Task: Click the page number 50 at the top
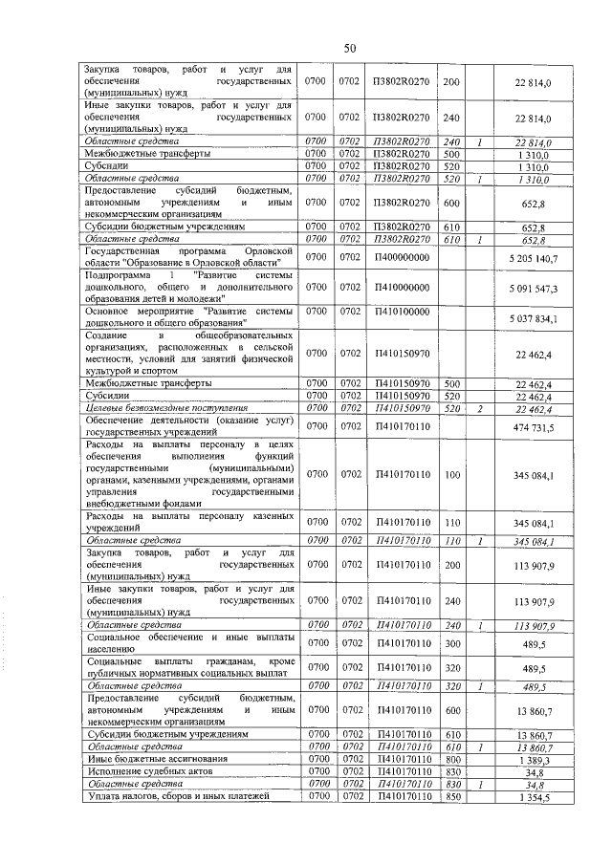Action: coord(349,48)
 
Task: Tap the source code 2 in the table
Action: coord(480,409)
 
